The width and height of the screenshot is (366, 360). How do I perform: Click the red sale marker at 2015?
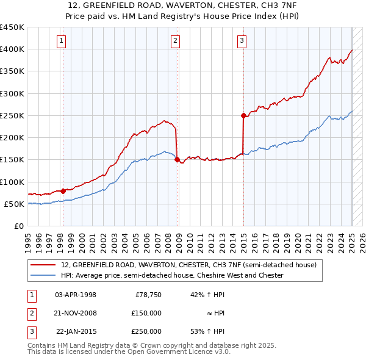[x=243, y=115]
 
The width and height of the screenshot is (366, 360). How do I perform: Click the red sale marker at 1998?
[x=63, y=191]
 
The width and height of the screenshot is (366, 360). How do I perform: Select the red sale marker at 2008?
[x=177, y=160]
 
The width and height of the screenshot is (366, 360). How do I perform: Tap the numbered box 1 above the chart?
[x=62, y=41]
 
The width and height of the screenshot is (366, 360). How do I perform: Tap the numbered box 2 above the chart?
[x=175, y=41]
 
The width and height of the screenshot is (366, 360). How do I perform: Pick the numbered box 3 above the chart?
[x=242, y=41]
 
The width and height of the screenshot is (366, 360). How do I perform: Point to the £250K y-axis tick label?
[x=12, y=116]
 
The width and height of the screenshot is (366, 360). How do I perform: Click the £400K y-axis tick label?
[x=12, y=49]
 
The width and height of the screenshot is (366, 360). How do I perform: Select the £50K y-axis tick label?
[x=15, y=204]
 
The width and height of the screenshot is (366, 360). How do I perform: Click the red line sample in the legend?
[x=44, y=265]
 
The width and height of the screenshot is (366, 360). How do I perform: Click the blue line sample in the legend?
[x=44, y=276]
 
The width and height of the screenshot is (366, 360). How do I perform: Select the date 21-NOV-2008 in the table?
[x=76, y=313]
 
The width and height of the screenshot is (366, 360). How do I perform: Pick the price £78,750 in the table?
[x=148, y=295]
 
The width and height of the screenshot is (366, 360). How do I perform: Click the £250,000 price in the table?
[x=146, y=331]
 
